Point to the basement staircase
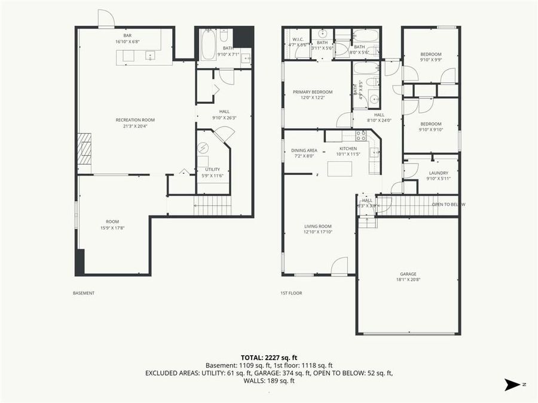coord(212,207)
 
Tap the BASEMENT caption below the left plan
coord(84,293)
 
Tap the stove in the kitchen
coord(361,136)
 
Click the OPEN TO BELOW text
coord(448,205)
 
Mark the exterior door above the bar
coord(105,20)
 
